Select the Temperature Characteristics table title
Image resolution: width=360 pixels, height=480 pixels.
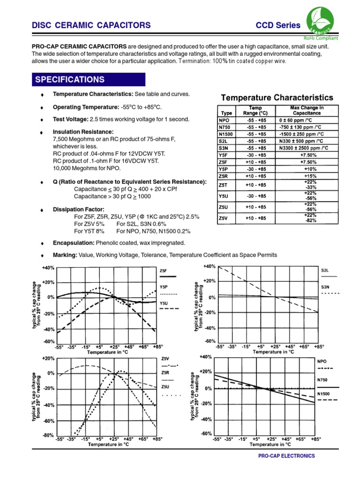[277, 98]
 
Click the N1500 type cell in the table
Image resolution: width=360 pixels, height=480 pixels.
[226, 134]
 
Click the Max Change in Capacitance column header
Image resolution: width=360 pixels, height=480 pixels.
[307, 111]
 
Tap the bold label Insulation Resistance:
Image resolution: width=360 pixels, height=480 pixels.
[83, 132]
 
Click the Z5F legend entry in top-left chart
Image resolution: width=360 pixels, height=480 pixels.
[164, 271]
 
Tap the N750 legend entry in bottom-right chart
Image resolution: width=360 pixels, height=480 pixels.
[323, 380]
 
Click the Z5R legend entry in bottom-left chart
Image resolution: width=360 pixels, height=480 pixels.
[165, 373]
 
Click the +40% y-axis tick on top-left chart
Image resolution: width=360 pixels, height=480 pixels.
[48, 268]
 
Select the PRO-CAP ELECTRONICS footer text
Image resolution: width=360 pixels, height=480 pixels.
[286, 456]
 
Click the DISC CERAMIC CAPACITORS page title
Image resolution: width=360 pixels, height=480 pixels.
[91, 25]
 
